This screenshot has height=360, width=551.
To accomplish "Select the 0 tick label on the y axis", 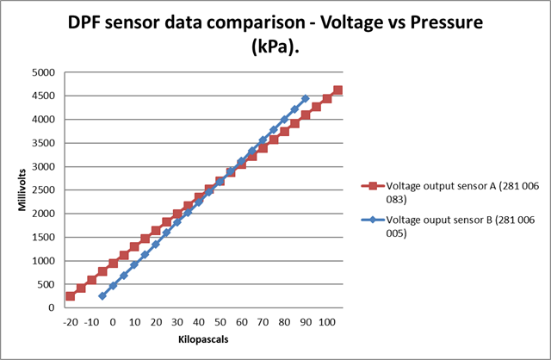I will (x=53, y=307).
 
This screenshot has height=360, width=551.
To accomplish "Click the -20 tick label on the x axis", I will (x=71, y=322).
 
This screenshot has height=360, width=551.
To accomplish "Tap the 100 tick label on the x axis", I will (x=327, y=322).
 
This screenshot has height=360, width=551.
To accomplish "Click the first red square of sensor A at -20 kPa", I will (x=71, y=296).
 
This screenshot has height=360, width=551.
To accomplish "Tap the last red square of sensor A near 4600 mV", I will (x=337, y=90).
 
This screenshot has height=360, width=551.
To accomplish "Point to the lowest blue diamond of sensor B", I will (x=102, y=295).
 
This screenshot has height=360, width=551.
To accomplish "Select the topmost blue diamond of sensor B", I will (x=306, y=98).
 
